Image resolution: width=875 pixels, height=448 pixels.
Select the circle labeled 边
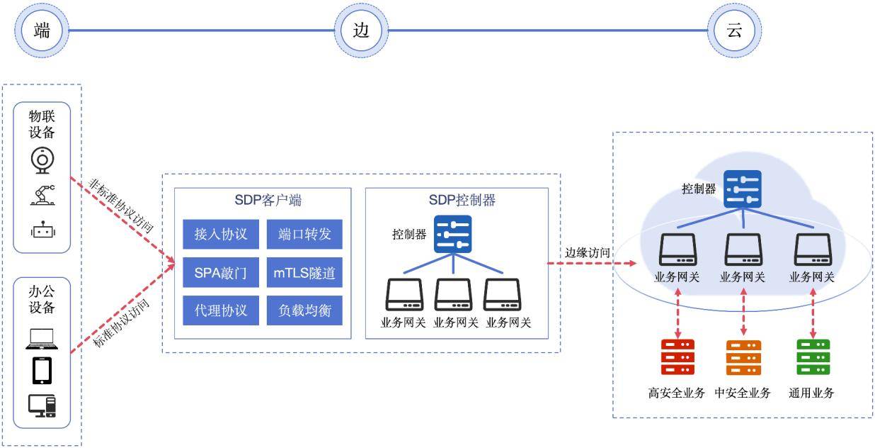361,30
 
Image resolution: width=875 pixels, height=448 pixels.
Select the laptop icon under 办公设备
42,340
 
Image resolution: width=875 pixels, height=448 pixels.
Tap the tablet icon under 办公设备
42,370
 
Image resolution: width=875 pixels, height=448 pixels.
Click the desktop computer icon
42,404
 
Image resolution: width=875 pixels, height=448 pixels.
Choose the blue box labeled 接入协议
220,234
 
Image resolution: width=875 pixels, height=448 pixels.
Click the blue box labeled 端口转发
304,234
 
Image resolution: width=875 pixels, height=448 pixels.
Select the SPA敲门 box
220,272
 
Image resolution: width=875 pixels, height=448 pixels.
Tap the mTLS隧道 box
304,272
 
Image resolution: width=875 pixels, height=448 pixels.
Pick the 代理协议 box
220,310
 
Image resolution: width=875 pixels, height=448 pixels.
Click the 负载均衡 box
304,310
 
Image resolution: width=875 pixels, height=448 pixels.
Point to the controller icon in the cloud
742,189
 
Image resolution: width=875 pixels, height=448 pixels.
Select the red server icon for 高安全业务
677,357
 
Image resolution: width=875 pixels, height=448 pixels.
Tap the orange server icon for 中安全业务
743,357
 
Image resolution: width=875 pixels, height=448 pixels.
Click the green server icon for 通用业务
812,357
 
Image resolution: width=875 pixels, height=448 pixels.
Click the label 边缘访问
587,252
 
